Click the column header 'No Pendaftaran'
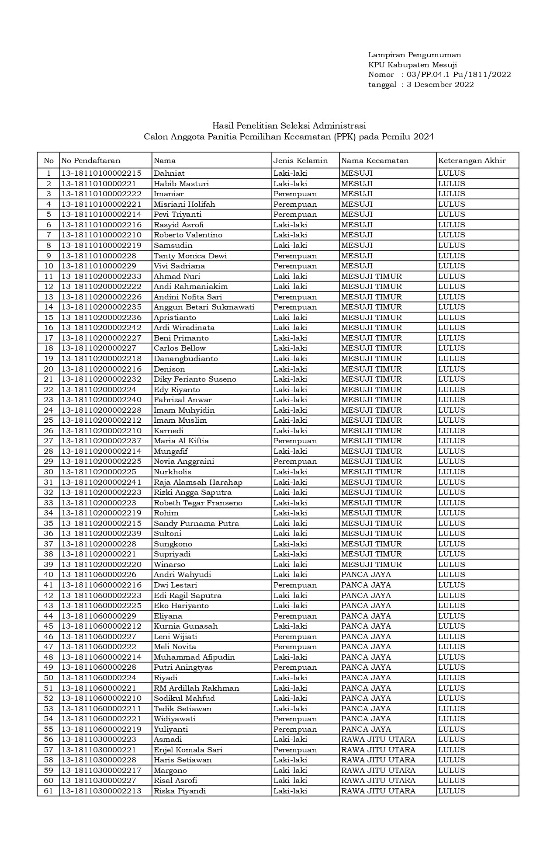[91, 160]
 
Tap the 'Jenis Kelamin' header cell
[301, 160]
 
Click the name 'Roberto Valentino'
[188, 235]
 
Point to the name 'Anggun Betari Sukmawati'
[204, 307]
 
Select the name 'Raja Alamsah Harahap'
[198, 482]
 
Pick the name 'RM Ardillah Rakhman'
[197, 688]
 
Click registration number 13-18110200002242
[101, 328]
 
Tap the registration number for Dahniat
[101, 173]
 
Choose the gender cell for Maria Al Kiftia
[295, 441]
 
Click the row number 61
[48, 791]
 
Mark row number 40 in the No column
[48, 575]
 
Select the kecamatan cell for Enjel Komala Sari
[378, 750]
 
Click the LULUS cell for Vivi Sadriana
[452, 266]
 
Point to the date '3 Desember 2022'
[440, 85]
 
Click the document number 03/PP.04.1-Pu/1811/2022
[459, 75]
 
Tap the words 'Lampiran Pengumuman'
[415, 55]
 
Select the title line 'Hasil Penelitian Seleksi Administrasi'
[289, 126]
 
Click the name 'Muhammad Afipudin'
[194, 657]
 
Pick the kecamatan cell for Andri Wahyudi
[366, 575]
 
